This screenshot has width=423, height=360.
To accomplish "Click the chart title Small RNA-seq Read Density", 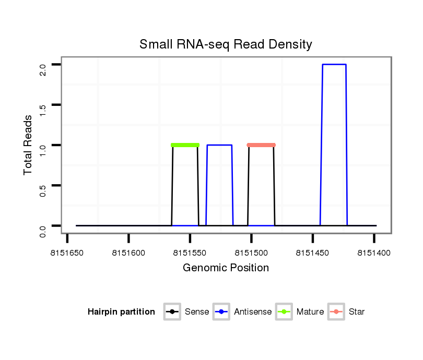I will pos(226,44).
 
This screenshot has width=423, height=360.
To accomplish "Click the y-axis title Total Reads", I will pos(28,145).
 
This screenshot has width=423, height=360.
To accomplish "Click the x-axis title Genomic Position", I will pos(226,268).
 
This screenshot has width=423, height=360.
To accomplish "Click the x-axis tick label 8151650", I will pos(67,253).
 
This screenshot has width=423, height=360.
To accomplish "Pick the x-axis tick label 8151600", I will pos(128,253).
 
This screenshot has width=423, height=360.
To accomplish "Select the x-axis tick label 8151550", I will pos(190,253).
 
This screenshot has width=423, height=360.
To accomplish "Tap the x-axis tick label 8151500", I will pos(251,253).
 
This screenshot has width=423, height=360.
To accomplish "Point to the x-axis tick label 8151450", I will pos(312,253).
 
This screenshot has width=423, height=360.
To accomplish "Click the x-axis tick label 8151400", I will pos(374,253).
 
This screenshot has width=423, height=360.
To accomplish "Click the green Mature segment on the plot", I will pos(185,145).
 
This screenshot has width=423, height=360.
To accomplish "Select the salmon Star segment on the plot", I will pos(261,145).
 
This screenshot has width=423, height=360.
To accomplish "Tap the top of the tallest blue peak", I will pos(334,65).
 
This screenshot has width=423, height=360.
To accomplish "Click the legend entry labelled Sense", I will pos(197,312).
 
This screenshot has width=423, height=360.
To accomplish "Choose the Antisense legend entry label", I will pos(253,312).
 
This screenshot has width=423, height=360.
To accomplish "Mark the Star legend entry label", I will pos(357,312).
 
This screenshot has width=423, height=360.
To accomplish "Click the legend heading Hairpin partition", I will pos(121,312).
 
